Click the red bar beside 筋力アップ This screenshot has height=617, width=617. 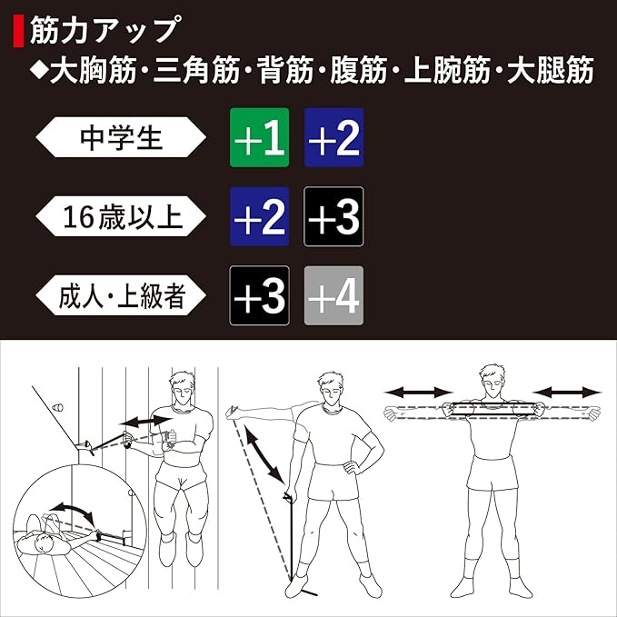pos(18,31)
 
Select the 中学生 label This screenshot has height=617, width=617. pos(121,137)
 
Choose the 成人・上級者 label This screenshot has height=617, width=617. pos(121,295)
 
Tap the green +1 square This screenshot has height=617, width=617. pos(259,137)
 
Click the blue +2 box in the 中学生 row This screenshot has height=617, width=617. pos(333,137)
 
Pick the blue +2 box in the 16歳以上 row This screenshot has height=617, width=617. pos(259,216)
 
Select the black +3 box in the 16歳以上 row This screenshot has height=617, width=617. pos(333,216)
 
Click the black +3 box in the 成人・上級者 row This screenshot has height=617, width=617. pos(259,295)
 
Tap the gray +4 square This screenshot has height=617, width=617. pos(333,295)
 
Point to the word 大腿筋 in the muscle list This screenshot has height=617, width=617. pos(551,71)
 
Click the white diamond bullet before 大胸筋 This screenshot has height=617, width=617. pos(39,71)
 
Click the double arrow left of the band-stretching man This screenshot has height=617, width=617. pos(418,392)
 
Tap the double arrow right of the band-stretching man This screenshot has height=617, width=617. pos(567,392)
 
